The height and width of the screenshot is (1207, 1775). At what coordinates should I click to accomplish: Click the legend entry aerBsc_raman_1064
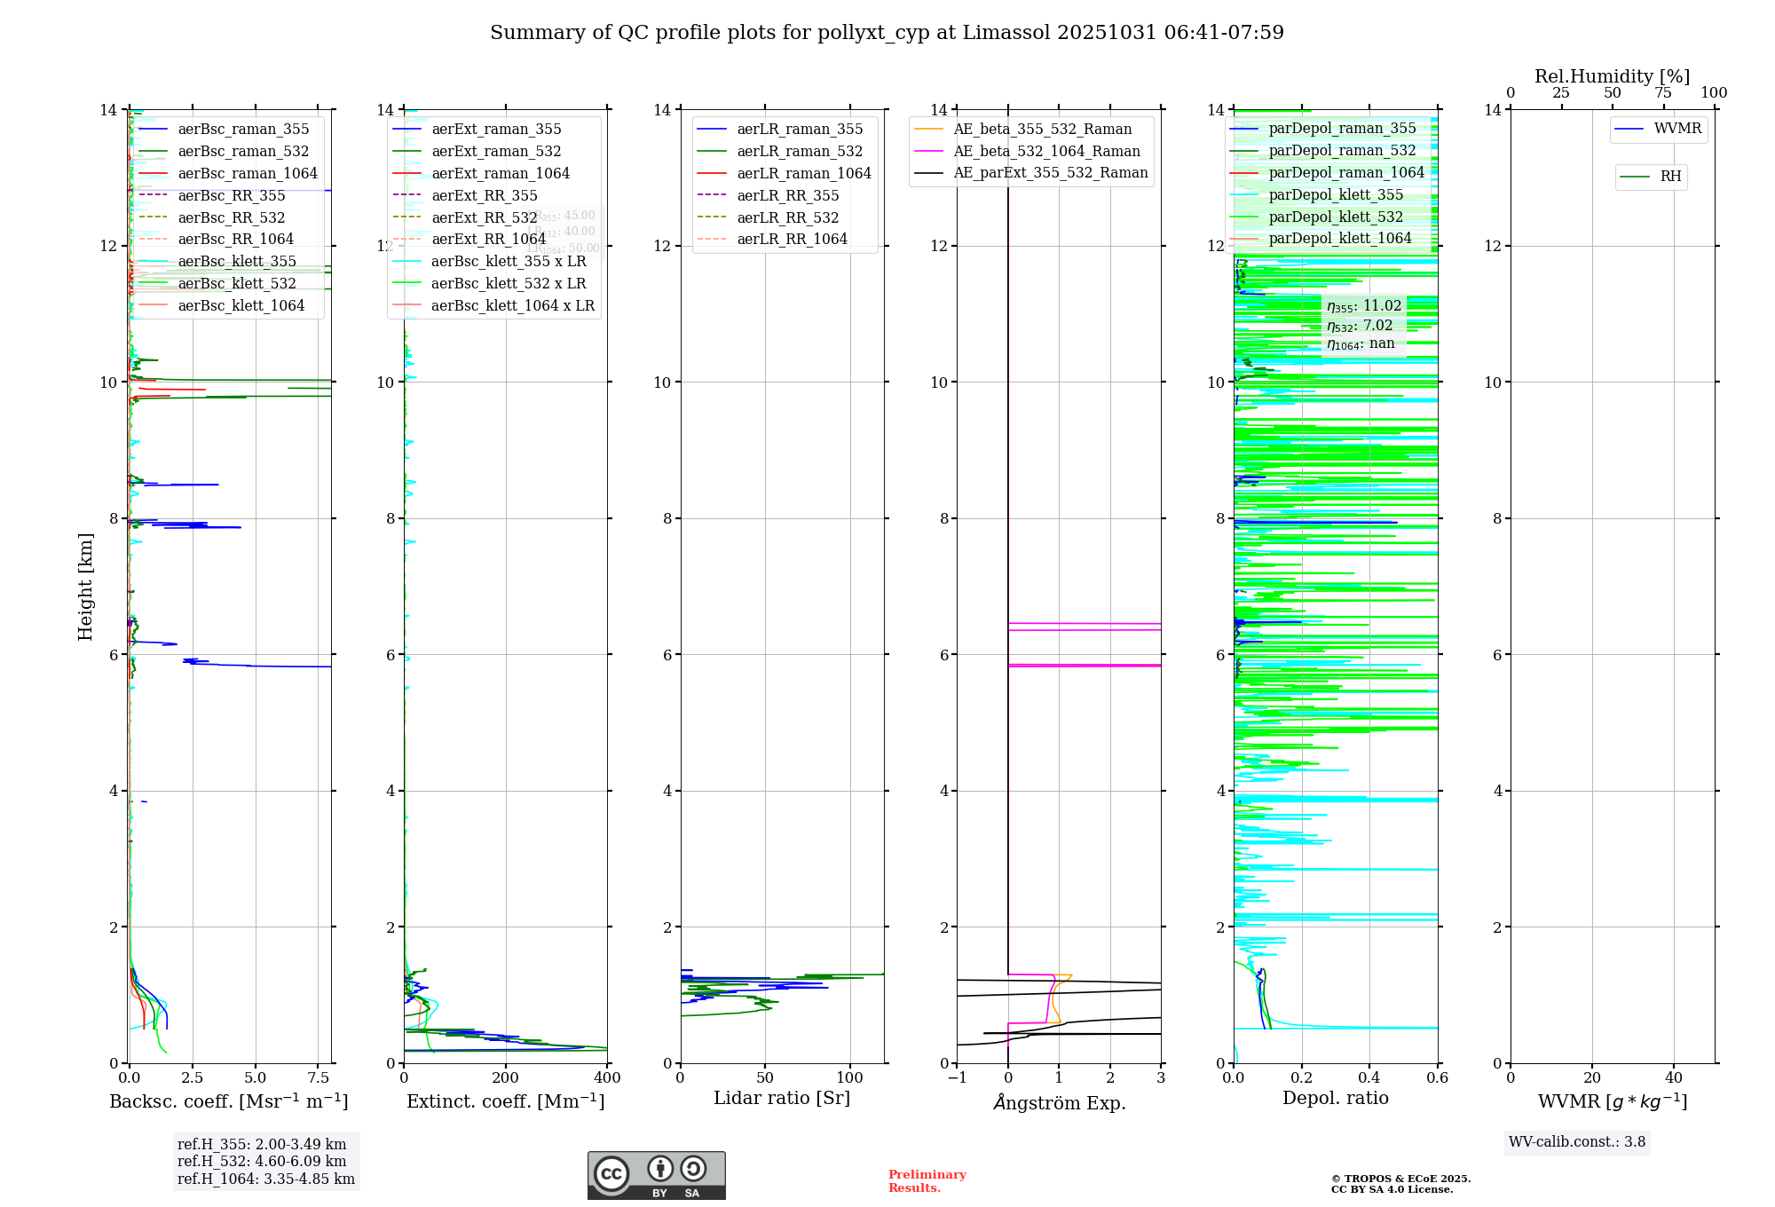tap(247, 174)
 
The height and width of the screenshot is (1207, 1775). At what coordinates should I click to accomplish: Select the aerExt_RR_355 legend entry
tap(484, 196)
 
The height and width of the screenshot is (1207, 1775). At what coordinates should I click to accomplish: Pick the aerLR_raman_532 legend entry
tap(799, 152)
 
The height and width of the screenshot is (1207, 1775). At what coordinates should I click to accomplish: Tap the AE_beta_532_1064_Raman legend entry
tap(1046, 152)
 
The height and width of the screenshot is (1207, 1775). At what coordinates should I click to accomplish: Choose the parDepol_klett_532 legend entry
tap(1335, 217)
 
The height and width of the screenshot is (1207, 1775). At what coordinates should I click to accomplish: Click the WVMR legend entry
tap(1676, 130)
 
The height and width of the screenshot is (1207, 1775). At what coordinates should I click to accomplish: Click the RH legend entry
tap(1670, 177)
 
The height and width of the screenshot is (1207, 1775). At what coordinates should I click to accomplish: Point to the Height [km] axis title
tap(85, 587)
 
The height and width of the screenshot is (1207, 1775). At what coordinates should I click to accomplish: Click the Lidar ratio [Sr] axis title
tap(781, 1099)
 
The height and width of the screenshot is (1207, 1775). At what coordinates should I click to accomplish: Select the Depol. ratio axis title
tap(1335, 1099)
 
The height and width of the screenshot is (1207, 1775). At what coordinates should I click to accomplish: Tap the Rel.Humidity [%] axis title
tap(1612, 77)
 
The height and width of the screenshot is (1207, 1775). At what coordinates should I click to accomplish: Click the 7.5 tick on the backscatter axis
tap(318, 1078)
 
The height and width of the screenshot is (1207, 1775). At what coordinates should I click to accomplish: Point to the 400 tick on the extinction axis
tap(607, 1078)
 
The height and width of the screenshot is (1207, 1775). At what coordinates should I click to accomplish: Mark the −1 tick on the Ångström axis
tap(957, 1078)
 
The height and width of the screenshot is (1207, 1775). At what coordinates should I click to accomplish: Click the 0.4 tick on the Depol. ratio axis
tap(1369, 1078)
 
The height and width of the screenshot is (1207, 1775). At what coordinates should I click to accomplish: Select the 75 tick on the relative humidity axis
tap(1663, 93)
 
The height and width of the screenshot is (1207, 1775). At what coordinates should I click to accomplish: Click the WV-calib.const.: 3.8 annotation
tap(1576, 1142)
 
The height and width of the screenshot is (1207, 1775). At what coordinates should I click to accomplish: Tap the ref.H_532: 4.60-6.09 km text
tap(262, 1162)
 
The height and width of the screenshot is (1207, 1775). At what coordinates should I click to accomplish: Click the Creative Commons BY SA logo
tap(656, 1175)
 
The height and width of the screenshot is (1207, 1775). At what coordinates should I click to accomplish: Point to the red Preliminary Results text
tap(927, 1181)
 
